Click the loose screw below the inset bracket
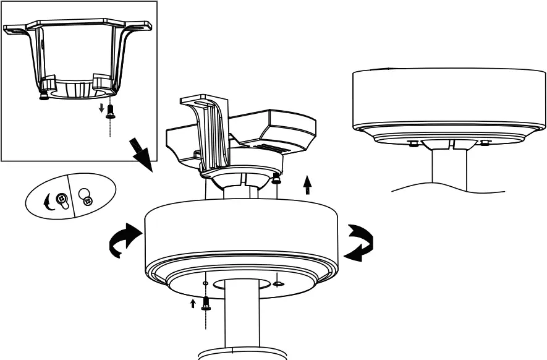(x=110, y=111)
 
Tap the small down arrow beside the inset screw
(x=101, y=109)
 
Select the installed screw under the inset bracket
(x=43, y=96)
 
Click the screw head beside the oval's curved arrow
(x=62, y=200)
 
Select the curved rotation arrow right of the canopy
(x=360, y=242)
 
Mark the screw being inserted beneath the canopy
(x=206, y=304)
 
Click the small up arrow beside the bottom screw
(x=193, y=303)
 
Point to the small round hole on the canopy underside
(x=205, y=283)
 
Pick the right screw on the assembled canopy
(x=485, y=143)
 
